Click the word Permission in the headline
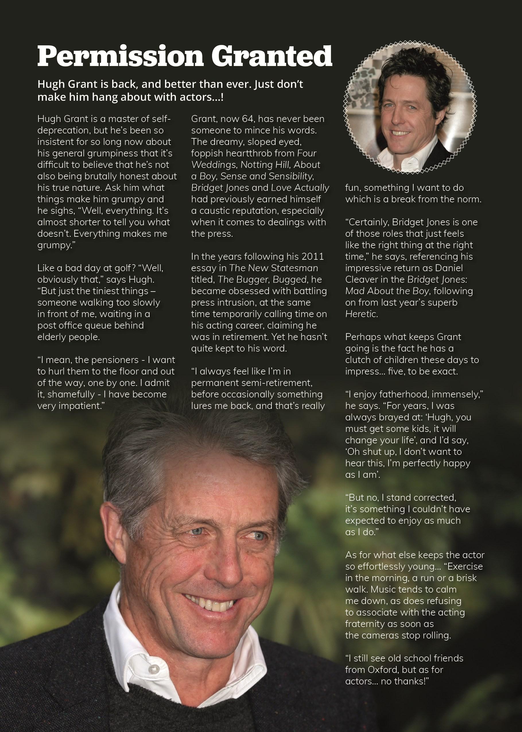120,56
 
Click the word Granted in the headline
271,56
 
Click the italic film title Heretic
361,314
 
